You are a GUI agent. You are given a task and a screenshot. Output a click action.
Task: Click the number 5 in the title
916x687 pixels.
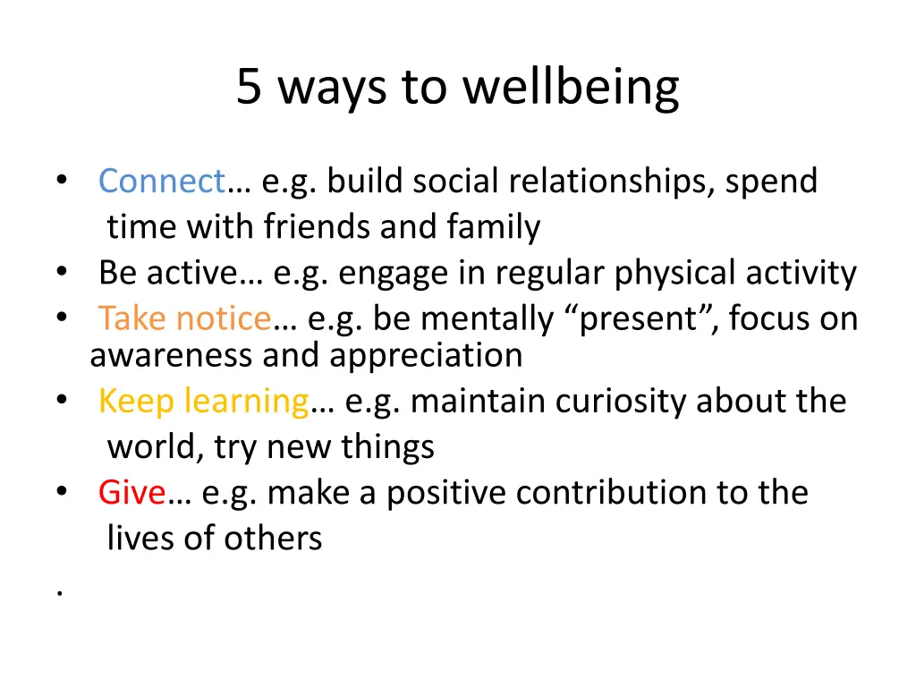pos(249,88)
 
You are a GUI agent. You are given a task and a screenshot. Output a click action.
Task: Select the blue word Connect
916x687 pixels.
pos(162,182)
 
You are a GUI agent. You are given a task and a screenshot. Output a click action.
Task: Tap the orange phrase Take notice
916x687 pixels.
pos(184,318)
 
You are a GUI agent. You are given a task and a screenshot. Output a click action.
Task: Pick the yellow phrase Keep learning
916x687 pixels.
pos(203,401)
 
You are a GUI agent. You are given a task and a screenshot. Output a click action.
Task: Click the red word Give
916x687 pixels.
pos(132,492)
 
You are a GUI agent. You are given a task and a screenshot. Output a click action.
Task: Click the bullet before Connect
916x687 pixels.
pos(61,182)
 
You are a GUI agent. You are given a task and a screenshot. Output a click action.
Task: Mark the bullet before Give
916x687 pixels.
pos(61,492)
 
